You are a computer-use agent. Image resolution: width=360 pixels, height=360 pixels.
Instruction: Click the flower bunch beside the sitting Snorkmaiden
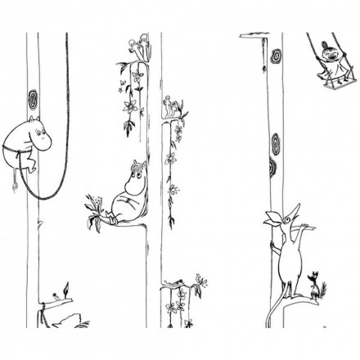point(96,200)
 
